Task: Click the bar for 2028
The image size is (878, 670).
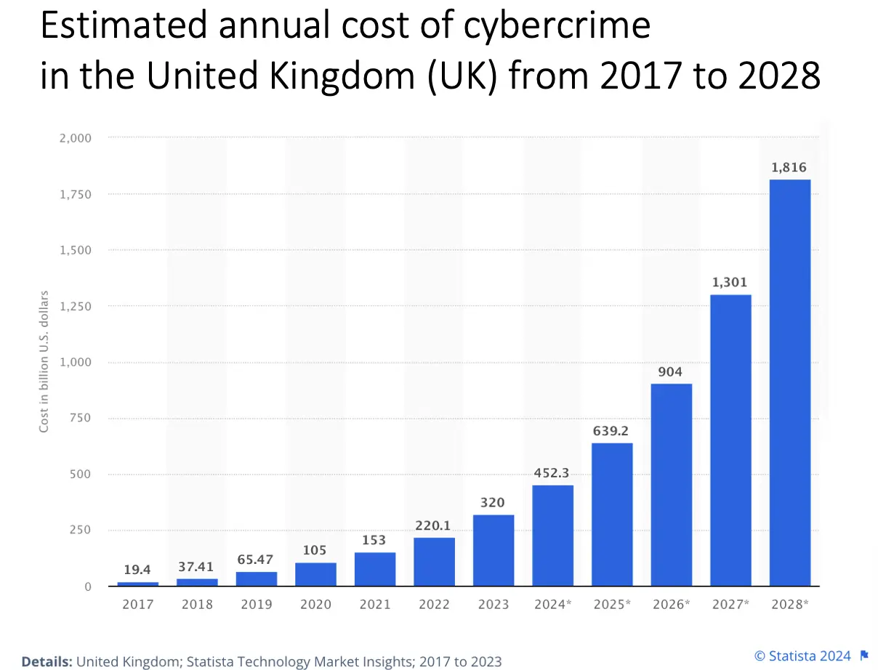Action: [789, 382]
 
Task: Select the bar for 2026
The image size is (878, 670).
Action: [671, 485]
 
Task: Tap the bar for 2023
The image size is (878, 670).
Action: [494, 550]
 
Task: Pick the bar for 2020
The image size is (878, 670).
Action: [315, 574]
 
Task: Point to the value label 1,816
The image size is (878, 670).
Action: [789, 168]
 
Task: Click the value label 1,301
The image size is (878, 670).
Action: [730, 283]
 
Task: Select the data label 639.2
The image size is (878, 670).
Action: [611, 431]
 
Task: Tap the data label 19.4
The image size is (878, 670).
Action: [137, 570]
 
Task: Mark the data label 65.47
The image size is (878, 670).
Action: [256, 560]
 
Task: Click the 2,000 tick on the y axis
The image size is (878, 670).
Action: [75, 137]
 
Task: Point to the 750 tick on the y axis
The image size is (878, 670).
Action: [80, 418]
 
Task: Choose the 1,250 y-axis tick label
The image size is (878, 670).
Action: [75, 306]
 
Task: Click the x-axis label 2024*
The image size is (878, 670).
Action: [552, 604]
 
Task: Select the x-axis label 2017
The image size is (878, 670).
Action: [137, 604]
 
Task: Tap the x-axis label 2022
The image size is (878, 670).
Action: [434, 604]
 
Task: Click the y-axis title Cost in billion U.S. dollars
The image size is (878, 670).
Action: [44, 362]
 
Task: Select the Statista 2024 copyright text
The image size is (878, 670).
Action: [802, 656]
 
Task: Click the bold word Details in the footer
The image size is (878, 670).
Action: [47, 661]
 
